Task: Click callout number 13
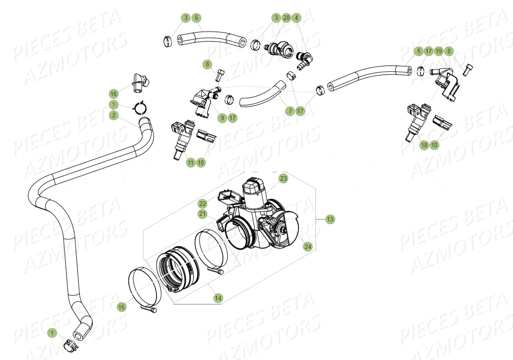coord(330,219)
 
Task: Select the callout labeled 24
coord(308,247)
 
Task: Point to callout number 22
coord(202,204)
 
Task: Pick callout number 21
coord(202,214)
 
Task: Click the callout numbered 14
coord(218,298)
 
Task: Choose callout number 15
coord(121,307)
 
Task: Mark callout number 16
coord(113,94)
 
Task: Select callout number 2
coord(113,116)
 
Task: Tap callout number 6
coord(196,18)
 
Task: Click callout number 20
coord(286,18)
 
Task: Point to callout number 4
coord(297,18)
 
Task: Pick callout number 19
coord(438,51)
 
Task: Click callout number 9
coord(221,118)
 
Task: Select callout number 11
coord(191,162)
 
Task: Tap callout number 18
coord(424,145)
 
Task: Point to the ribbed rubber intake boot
coord(179,271)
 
